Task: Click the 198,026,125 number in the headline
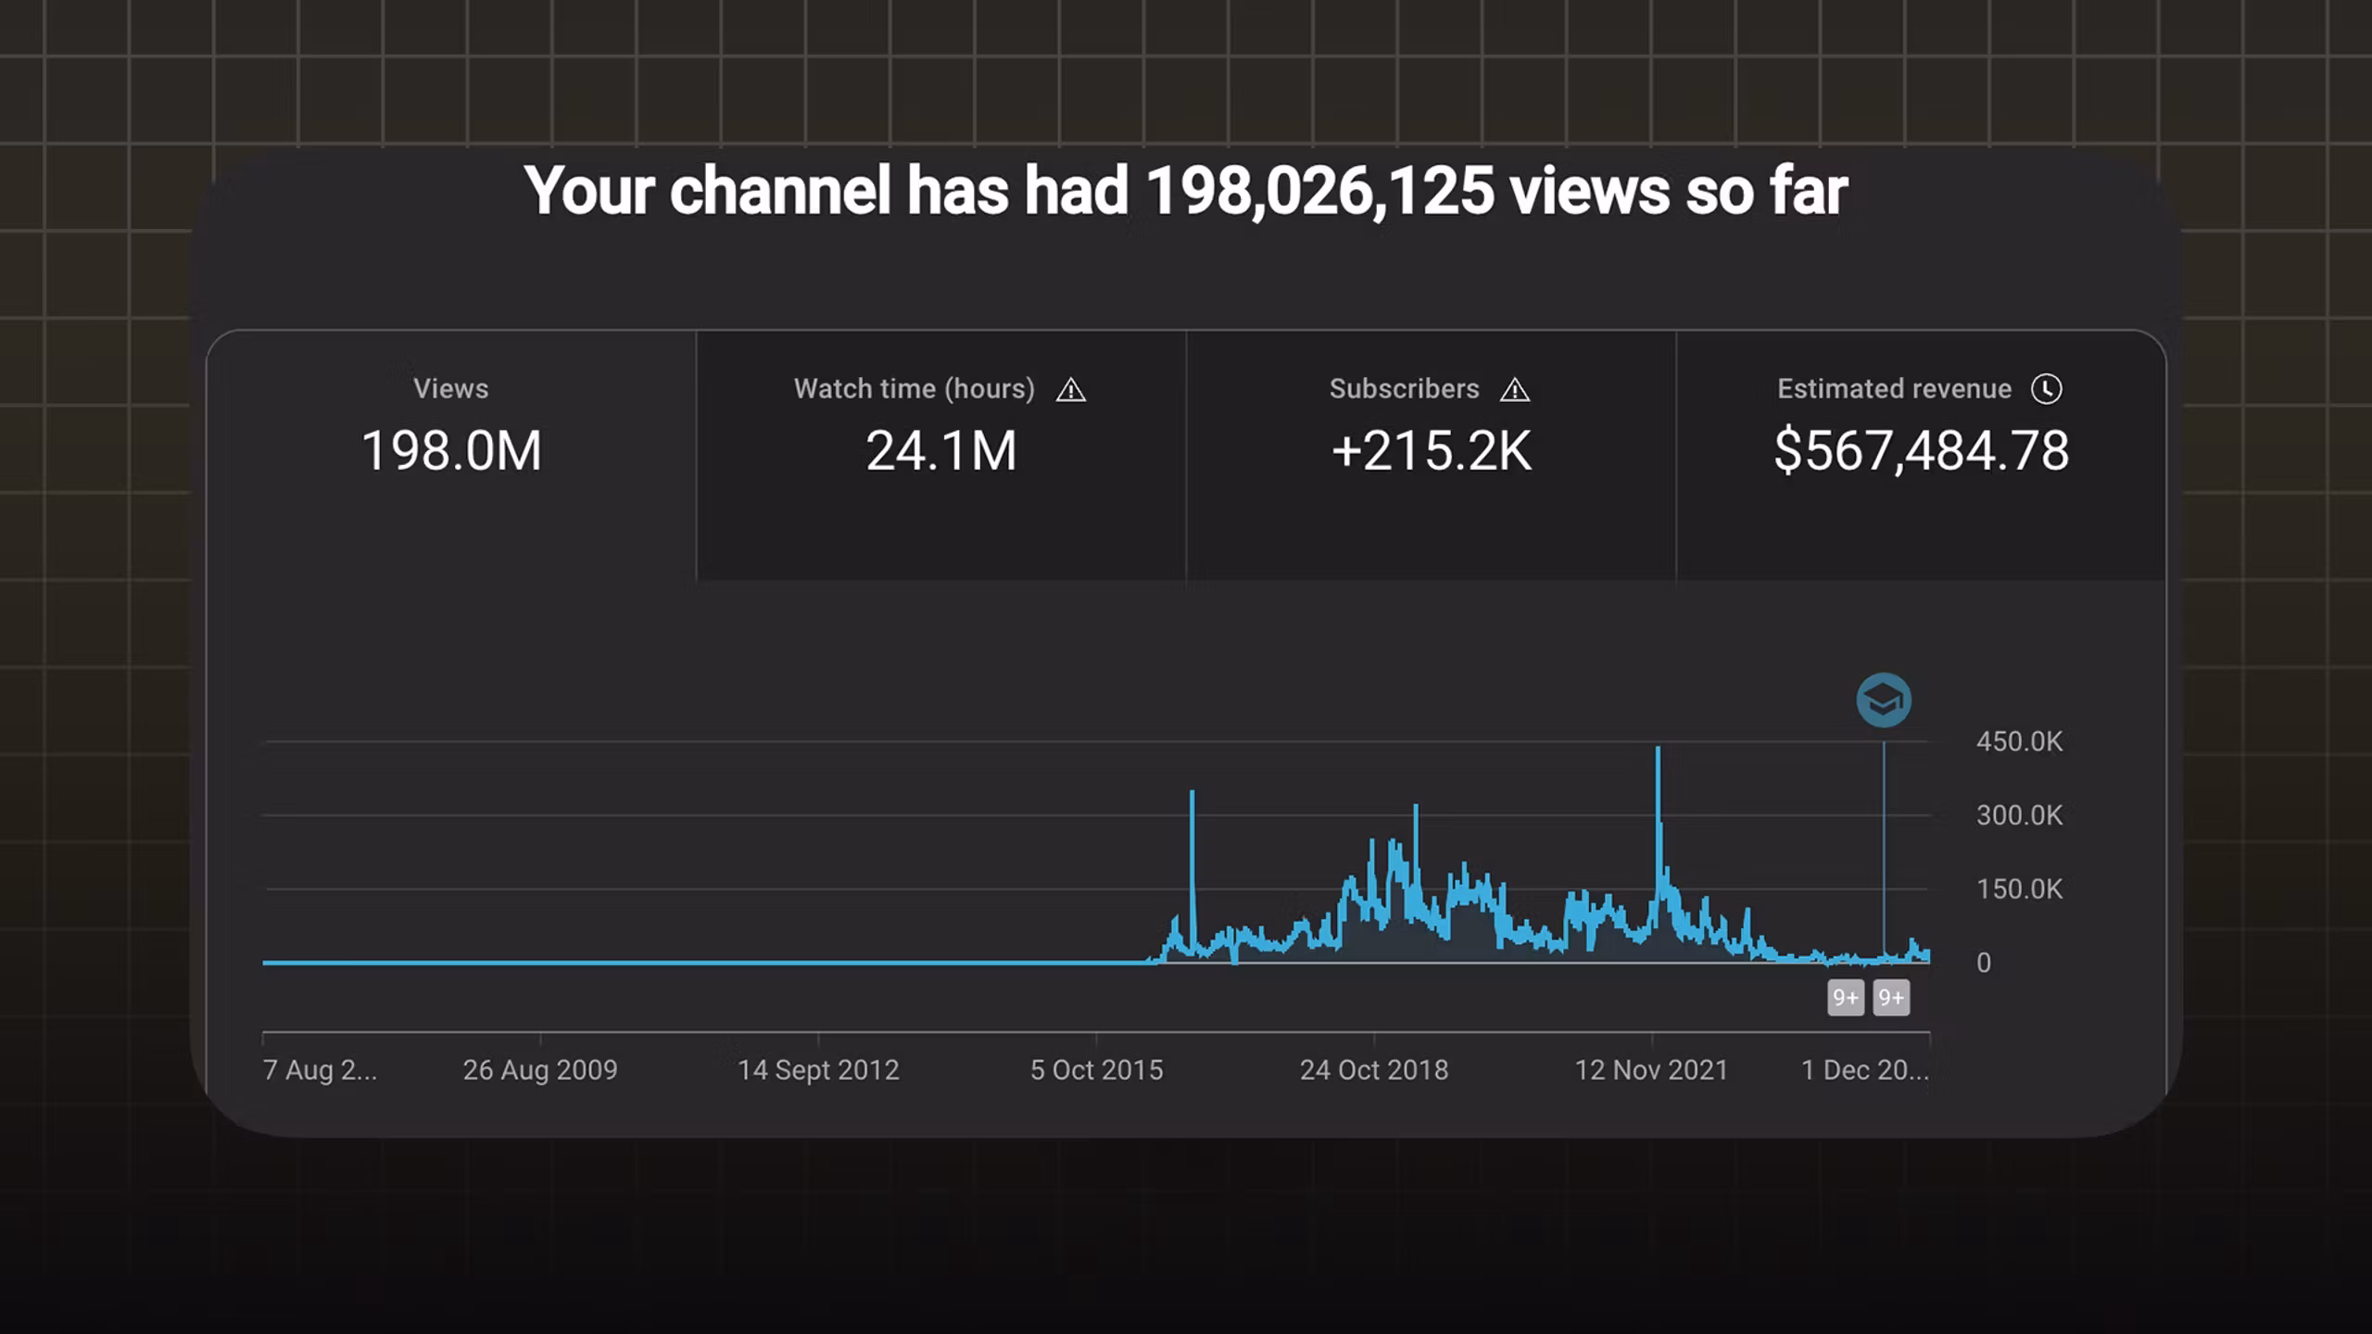pos(1319,192)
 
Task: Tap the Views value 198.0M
pos(451,451)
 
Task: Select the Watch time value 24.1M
pos(941,451)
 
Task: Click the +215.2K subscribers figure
pos(1432,451)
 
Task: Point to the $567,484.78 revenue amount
pos(1921,451)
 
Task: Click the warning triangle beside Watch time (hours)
pos(1071,390)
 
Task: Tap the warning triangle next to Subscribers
pos(1515,390)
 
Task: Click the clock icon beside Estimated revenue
pos(2047,389)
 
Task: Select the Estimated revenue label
pos(1894,389)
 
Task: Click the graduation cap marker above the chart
pos(1884,700)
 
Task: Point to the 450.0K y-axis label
pos(2019,742)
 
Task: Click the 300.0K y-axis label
pos(2019,816)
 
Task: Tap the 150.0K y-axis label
pos(2019,890)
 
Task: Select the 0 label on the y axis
pos(1984,963)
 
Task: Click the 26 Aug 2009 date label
pos(540,1071)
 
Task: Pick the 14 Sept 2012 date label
pos(818,1071)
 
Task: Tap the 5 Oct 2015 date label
pos(1096,1071)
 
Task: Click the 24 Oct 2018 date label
pos(1374,1071)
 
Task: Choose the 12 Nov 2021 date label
pos(1652,1071)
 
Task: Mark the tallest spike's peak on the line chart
pos(1658,749)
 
